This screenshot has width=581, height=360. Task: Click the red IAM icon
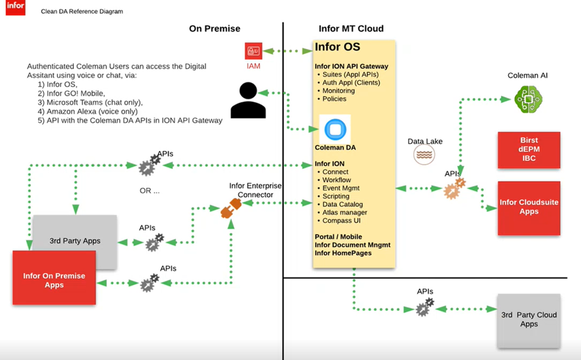coord(254,51)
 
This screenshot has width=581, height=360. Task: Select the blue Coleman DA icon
coord(335,129)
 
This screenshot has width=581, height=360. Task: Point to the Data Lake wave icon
coord(424,155)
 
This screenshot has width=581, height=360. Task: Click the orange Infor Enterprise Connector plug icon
coord(231,207)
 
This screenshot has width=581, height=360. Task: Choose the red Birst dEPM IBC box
coord(529,150)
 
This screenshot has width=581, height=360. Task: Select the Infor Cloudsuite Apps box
coord(529,207)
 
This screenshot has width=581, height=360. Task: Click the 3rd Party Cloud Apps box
coord(529,320)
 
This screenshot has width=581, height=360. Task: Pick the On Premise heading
coord(215,29)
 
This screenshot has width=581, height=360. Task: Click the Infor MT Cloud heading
coord(351,29)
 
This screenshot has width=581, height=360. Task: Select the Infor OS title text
coord(337,47)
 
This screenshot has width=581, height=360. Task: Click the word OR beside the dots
coord(146,191)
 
